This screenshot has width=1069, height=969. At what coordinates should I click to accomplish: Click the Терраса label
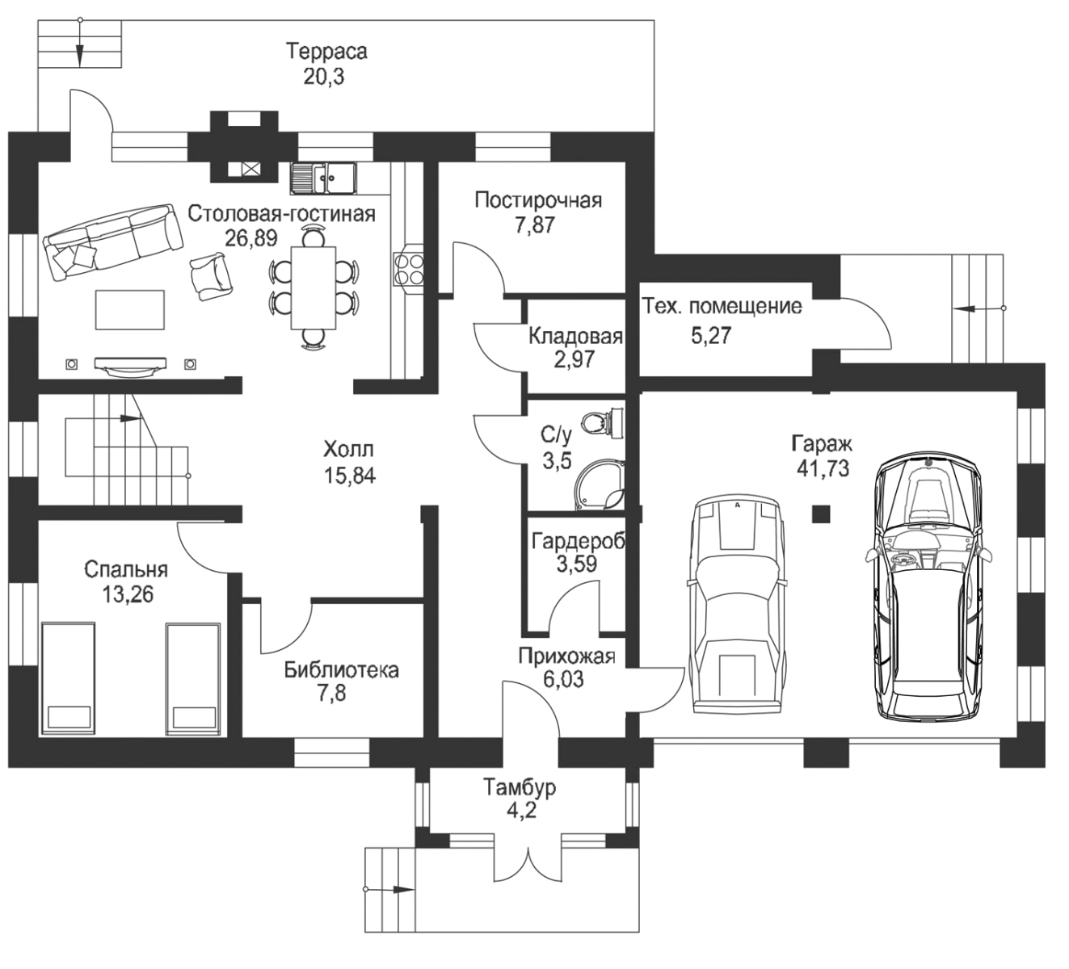[x=326, y=52]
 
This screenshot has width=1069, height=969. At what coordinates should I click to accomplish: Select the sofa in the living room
[x=111, y=240]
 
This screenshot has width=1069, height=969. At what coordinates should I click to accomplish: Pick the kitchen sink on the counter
[x=322, y=178]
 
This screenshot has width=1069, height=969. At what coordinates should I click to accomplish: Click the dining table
[x=313, y=287]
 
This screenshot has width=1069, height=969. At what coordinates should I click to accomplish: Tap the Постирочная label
[x=537, y=199]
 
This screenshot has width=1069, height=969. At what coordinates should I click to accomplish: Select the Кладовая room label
[x=575, y=336]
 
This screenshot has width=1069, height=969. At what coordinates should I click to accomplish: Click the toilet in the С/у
[x=602, y=422]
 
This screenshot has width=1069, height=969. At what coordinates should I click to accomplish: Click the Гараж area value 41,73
[x=822, y=468]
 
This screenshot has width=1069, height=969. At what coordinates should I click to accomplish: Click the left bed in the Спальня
[x=69, y=678]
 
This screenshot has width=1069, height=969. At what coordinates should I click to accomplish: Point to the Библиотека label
[x=341, y=669]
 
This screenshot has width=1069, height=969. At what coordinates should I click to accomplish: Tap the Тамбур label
[x=520, y=787]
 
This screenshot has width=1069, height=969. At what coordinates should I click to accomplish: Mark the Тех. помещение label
[x=722, y=307]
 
